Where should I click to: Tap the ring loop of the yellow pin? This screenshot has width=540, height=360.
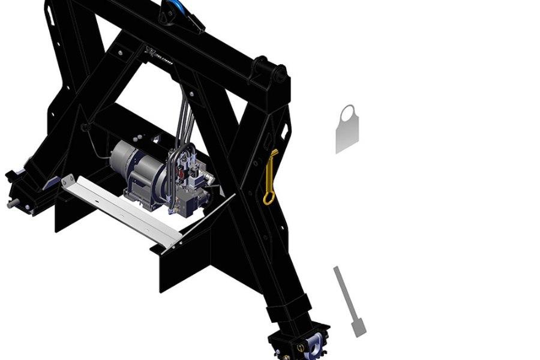(x=268, y=197)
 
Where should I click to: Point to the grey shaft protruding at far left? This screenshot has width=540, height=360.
(x=11, y=205)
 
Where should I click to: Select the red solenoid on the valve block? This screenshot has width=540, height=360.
(x=178, y=175)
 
